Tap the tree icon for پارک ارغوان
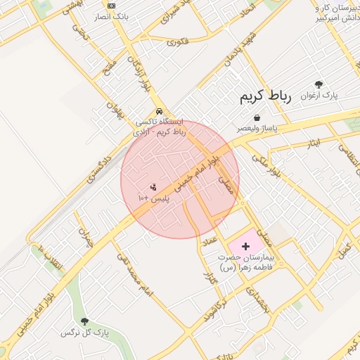tap(320, 84)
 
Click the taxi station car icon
tap(160, 111)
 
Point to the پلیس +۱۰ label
tap(153, 199)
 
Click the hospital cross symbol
tap(245, 246)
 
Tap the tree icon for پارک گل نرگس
tap(85, 321)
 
